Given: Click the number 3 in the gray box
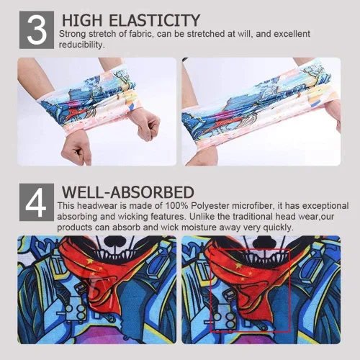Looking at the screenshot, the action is (37, 30).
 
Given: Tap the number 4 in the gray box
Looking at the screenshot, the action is (36, 202).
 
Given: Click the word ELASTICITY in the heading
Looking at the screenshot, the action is (154, 20).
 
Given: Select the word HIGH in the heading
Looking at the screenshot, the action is (82, 20).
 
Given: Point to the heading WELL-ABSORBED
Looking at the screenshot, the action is (128, 192).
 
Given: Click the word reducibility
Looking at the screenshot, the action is (82, 45).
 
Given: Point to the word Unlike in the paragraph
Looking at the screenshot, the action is (202, 217).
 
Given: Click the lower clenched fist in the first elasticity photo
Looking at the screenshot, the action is (76, 149).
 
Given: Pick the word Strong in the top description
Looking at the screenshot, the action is (72, 34).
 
